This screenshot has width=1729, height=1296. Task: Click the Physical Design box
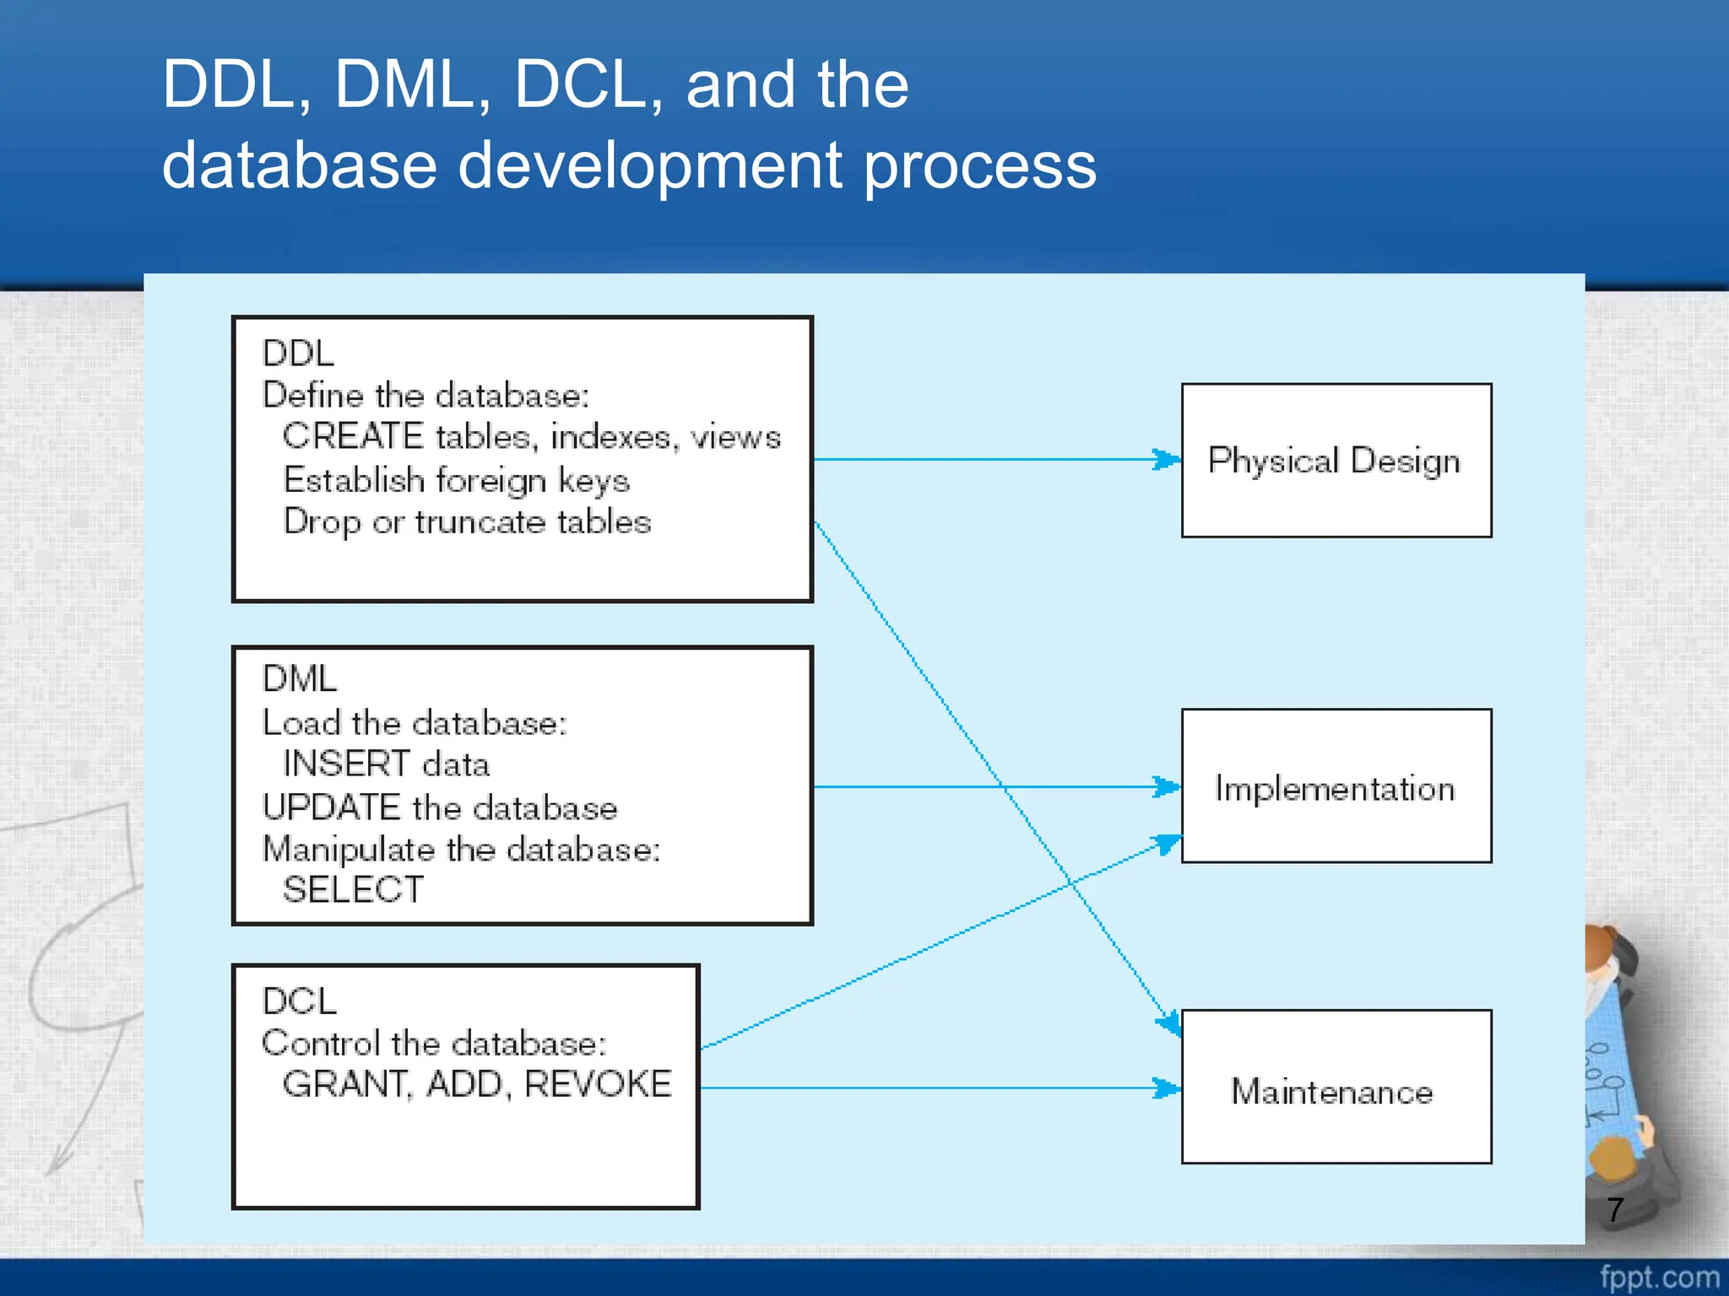(1336, 461)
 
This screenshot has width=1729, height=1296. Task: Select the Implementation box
(1336, 786)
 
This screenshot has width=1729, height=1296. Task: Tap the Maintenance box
(1336, 1088)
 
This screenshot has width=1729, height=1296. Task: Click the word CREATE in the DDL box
(353, 437)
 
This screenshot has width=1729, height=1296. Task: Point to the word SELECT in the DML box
(353, 890)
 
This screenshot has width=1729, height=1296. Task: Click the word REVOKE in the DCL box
(598, 1084)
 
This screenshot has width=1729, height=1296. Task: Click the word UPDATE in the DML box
(331, 807)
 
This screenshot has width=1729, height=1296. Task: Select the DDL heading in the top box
(298, 354)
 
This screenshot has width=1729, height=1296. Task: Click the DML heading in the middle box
(300, 679)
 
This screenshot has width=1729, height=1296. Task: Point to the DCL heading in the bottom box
(300, 1002)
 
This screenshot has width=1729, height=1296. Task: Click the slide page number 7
(1615, 1210)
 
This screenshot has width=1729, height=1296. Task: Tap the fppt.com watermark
(1659, 1277)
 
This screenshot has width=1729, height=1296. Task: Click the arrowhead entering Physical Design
(1168, 460)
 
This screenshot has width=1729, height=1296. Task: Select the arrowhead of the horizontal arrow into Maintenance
(1168, 1088)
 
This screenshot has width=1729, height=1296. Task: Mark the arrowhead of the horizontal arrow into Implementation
(1168, 787)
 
